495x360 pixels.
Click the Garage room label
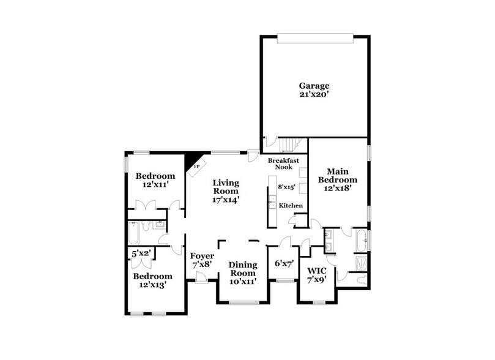(314, 86)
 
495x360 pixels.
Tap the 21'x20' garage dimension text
(314, 95)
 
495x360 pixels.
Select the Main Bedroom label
(341, 176)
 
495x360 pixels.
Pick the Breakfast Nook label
(284, 163)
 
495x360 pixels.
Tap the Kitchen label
(291, 206)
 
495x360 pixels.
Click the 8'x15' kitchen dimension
(287, 187)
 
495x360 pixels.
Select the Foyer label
(202, 256)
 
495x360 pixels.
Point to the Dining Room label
(243, 269)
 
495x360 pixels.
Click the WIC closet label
(316, 271)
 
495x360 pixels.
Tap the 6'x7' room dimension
(284, 263)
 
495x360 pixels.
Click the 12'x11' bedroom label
(151, 184)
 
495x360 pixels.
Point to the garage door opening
(315, 37)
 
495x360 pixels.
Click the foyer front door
(200, 279)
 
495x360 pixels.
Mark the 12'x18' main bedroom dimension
(341, 189)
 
